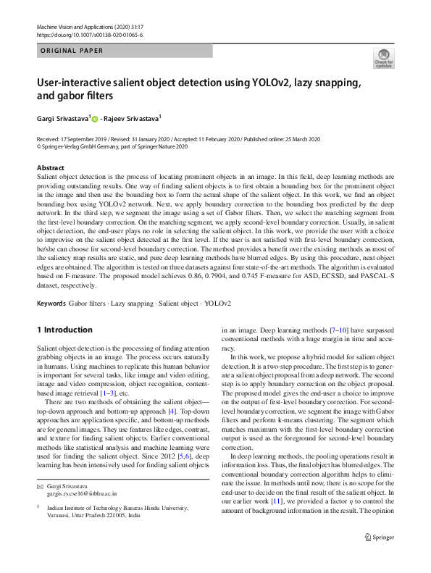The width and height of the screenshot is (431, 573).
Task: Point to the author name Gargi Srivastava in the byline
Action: coord(62,117)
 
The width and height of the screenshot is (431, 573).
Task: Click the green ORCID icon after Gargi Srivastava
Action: coord(94,118)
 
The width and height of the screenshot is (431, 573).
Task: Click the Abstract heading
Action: coord(51,168)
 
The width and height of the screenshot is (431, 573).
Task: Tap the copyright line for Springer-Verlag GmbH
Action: coord(112,146)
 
